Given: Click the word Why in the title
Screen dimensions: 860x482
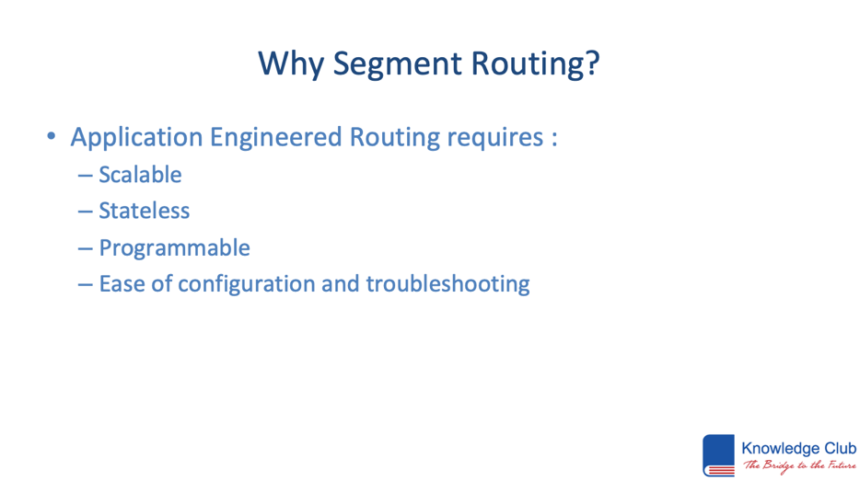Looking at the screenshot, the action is (292, 64).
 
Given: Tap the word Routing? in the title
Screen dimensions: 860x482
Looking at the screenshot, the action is (535, 64).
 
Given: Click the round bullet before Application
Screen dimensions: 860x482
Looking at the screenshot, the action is (51, 136).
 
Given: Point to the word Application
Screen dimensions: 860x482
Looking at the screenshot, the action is (136, 137).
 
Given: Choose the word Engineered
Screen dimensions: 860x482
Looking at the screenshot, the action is (276, 137).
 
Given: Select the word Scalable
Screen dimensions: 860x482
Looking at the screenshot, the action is (140, 175).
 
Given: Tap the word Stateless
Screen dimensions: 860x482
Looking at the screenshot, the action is (145, 211).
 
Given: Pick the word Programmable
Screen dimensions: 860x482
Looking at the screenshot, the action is (174, 248).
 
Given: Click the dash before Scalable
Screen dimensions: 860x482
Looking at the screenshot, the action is (85, 176).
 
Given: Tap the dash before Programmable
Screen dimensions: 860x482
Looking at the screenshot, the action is (85, 249).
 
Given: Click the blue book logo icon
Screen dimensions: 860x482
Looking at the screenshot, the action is (718, 455).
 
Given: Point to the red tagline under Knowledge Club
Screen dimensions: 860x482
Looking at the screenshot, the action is (799, 465).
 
